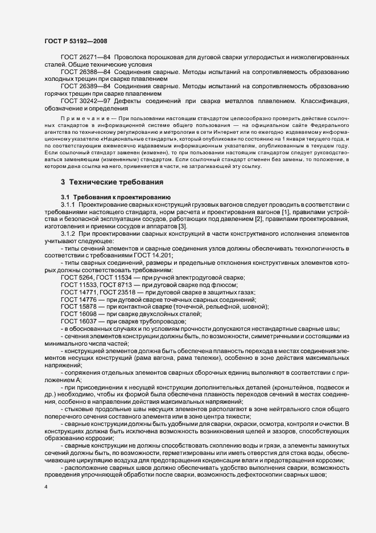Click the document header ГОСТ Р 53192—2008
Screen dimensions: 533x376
click(x=75, y=41)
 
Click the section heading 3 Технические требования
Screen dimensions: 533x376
click(x=112, y=182)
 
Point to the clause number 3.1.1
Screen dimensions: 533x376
click(x=68, y=204)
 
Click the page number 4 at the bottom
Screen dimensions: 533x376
click(x=46, y=487)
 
